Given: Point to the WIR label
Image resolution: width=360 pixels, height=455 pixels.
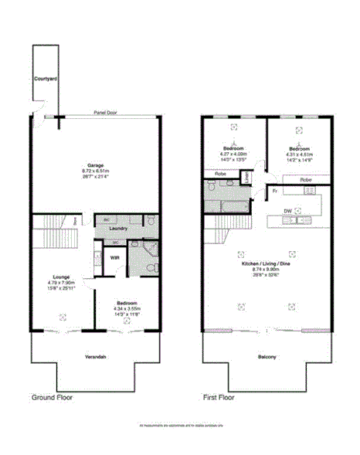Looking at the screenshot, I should coord(114,257).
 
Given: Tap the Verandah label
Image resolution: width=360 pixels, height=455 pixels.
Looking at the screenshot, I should coord(96,357).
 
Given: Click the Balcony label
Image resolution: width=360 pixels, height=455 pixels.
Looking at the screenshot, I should coord(267,357).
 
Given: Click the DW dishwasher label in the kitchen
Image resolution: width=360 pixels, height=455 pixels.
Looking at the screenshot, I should coord(287,210).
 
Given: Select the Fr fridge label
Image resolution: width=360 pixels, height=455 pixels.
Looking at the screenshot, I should coord(275,189).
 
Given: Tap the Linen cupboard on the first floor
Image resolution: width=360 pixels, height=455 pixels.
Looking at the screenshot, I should coord(246,177).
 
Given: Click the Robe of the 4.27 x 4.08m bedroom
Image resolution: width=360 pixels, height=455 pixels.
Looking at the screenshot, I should coord(219,175).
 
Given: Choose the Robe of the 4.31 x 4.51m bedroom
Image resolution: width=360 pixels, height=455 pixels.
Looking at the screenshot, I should coord(305,180).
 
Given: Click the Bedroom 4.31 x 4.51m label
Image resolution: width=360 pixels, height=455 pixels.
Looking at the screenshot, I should coord(299,151).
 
